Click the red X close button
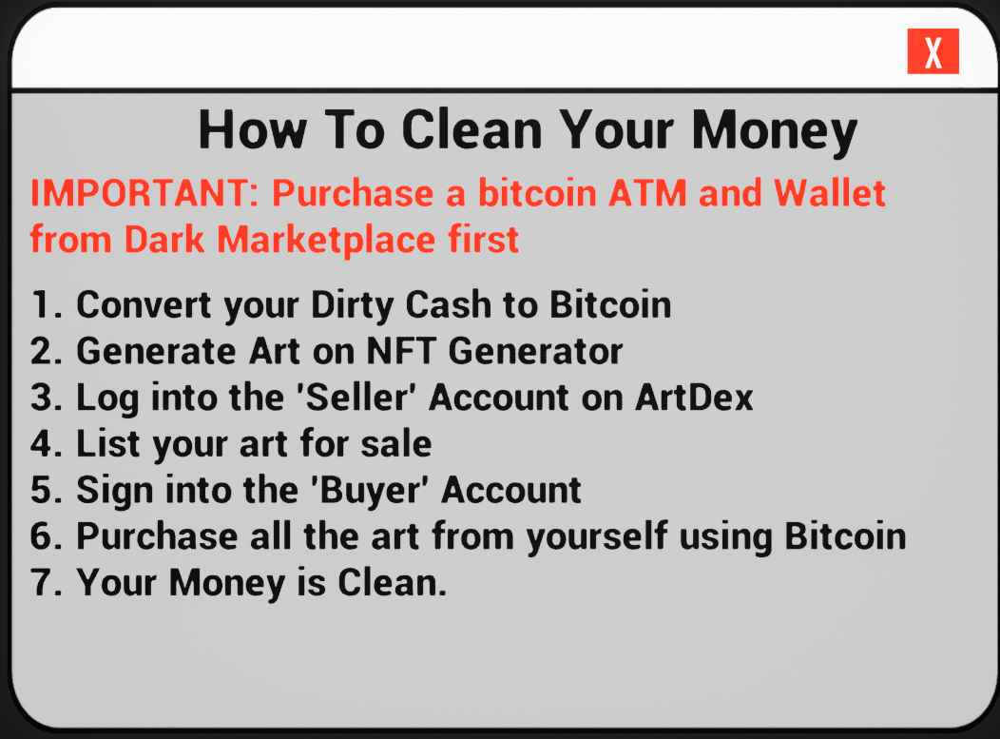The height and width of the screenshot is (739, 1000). pos(933,51)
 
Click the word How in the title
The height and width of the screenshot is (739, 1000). pos(253,130)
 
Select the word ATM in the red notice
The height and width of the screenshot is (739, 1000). pos(647,193)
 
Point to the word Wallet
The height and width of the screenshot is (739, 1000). pos(830,193)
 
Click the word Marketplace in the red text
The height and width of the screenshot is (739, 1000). pos(327,240)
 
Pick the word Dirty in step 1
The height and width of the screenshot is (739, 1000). pos(352,305)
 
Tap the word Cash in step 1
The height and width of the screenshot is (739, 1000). pos(449,304)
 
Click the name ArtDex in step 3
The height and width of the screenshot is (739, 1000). pos(695,397)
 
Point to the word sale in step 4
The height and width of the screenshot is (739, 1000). pos(396,443)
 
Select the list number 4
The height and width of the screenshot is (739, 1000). pos(47,443)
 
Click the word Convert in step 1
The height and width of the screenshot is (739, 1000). pos(143,304)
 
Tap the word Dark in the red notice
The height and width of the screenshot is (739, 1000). pos(164,240)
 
